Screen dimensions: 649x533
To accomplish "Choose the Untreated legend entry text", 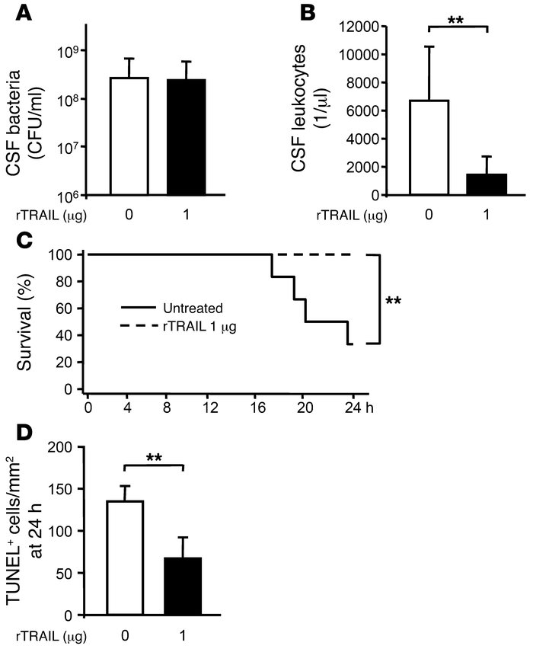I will [x=193, y=309].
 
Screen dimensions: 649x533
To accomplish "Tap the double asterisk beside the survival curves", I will [x=393, y=301].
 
